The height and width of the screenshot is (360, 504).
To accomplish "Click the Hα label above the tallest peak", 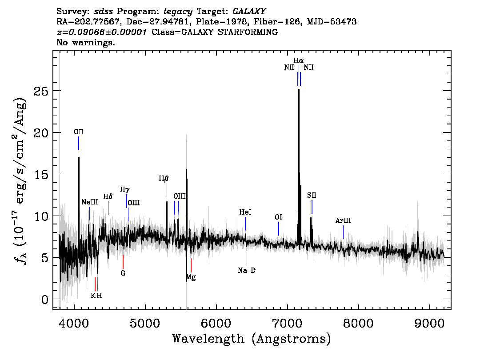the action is [x=299, y=60].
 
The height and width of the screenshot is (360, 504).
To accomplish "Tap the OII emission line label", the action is [x=78, y=132].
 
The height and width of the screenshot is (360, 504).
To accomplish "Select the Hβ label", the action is [x=164, y=178].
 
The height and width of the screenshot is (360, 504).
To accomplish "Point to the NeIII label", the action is [x=90, y=202].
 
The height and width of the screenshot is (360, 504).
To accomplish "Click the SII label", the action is [x=312, y=195].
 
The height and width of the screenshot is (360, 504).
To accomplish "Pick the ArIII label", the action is [x=343, y=220].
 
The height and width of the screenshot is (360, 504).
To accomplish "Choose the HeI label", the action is [x=245, y=212].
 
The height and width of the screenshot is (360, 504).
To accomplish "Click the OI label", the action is [x=278, y=217].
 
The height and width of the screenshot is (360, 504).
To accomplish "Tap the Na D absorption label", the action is [x=247, y=270].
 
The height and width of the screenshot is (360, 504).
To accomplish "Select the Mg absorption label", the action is [x=191, y=277].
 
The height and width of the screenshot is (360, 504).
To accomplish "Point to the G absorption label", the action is [x=123, y=273].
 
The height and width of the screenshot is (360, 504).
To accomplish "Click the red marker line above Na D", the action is [x=247, y=259].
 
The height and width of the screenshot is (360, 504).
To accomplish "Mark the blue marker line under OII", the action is [x=78, y=143].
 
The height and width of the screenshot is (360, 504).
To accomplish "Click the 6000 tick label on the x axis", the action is [x=216, y=323].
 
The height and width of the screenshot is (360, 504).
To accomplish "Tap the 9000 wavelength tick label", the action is [x=429, y=323].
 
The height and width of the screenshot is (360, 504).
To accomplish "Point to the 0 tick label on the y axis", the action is [x=45, y=299].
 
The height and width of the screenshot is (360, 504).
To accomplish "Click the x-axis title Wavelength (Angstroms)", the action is [x=252, y=339].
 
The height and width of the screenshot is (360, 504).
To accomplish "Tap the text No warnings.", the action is [x=85, y=42].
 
